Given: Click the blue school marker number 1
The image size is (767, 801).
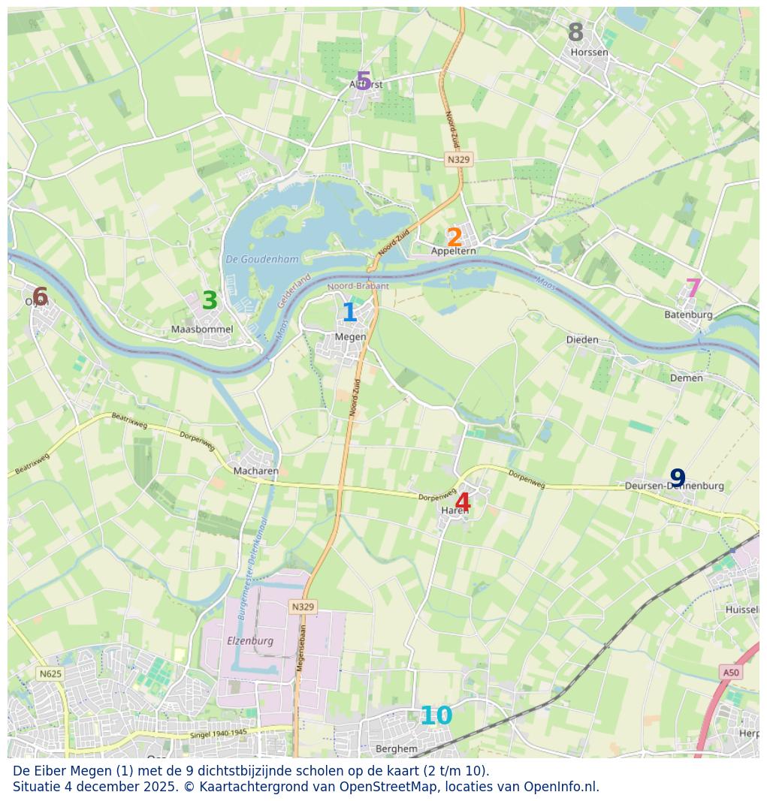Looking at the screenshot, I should (x=349, y=313).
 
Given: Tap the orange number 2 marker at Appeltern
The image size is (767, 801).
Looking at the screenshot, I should (x=454, y=238).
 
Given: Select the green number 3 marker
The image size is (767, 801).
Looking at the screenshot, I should (x=210, y=301).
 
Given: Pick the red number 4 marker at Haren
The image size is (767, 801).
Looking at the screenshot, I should (x=463, y=503).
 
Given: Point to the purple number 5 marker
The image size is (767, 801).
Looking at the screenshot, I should (x=364, y=81).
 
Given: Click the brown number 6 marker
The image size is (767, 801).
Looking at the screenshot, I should (x=40, y=297).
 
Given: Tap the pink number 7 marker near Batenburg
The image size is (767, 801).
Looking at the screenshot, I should (x=693, y=288).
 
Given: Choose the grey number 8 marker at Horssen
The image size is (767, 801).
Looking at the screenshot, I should (x=575, y=33).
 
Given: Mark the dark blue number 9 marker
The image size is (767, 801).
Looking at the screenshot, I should (x=678, y=478).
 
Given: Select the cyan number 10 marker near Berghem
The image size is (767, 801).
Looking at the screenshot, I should (x=436, y=716).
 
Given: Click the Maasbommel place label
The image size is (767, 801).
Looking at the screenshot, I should (x=202, y=330).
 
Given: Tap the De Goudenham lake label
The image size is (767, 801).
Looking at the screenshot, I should (x=262, y=260).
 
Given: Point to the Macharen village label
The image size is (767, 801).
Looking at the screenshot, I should (x=256, y=471).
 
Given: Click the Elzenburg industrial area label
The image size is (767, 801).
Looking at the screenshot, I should (x=250, y=641).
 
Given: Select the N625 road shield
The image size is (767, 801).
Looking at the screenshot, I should (x=50, y=673).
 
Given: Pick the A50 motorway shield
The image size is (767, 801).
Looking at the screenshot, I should (x=730, y=673).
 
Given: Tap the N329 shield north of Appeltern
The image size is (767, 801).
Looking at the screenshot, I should (x=458, y=159).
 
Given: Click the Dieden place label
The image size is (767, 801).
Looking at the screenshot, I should (x=582, y=340).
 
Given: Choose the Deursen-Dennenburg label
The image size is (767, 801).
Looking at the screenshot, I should (x=675, y=486).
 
